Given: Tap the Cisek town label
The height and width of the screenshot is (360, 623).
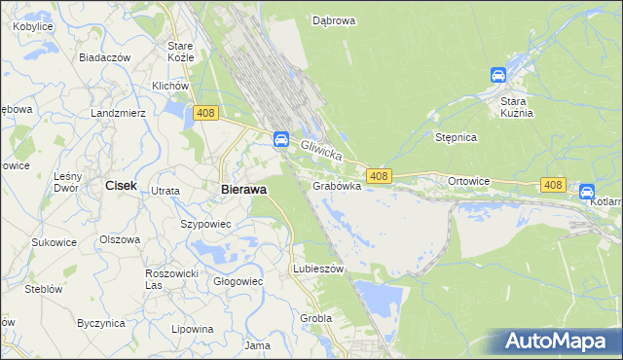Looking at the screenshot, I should coord(121,185).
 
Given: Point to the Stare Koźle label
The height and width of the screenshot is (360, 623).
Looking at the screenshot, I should coord(181,52).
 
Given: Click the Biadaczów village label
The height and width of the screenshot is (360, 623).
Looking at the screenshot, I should coord(104,57).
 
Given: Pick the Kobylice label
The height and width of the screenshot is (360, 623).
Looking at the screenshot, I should coord(33,27).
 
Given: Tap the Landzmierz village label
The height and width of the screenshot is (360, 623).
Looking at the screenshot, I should coord(117,113).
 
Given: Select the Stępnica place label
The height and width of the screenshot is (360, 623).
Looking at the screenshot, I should coord(456,138).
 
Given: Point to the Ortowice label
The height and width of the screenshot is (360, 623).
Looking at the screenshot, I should coord(468,182).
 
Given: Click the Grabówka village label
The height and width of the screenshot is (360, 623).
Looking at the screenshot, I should coord(337,185).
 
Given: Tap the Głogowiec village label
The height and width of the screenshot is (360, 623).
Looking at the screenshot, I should coord(238,281).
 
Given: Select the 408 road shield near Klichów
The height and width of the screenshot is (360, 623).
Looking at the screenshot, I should coord(204,114).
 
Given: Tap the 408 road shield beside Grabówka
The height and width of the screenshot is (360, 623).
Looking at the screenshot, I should coord(380,176).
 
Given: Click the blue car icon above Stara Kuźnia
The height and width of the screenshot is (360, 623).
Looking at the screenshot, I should coord(497,75).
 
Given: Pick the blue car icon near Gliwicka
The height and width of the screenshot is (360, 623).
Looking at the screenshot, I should coord(280,138).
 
